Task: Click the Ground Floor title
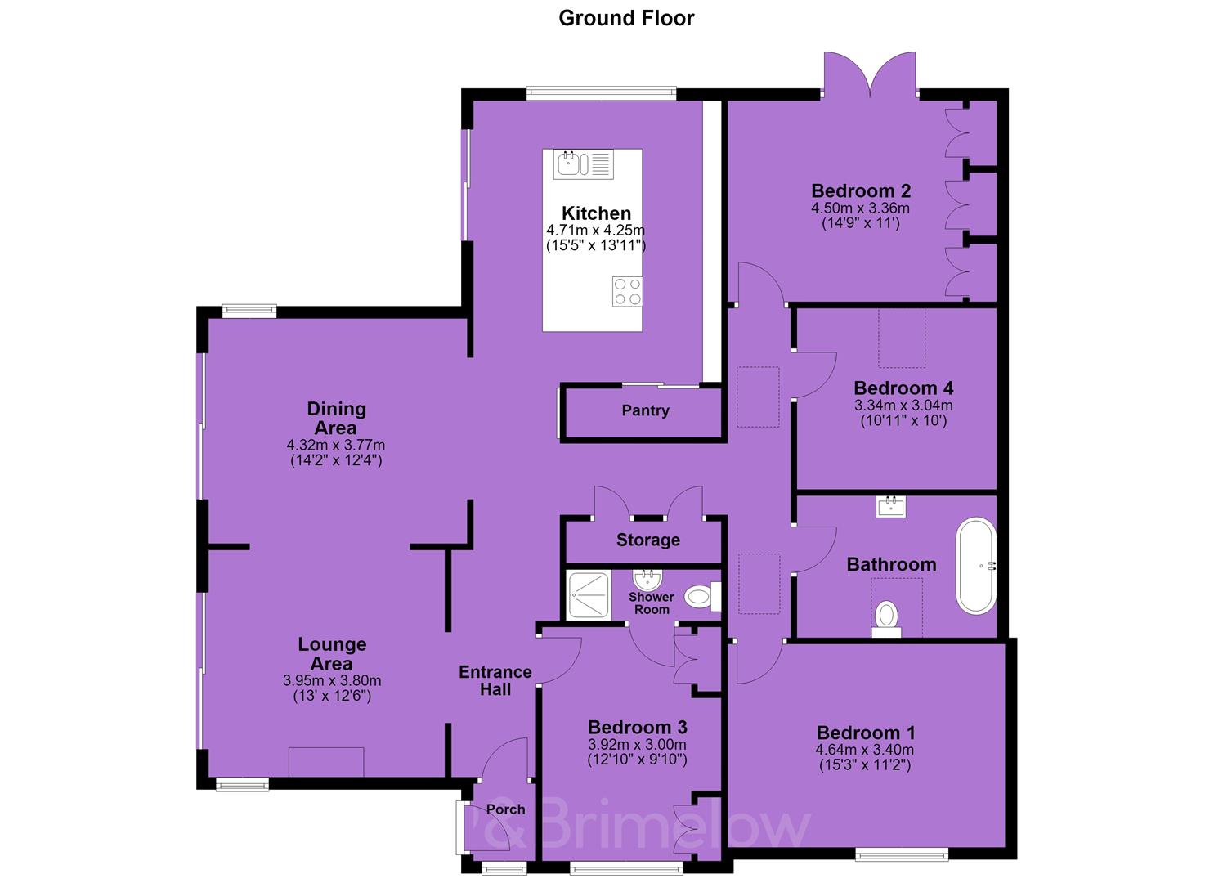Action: tap(626, 19)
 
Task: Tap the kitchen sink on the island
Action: tap(583, 164)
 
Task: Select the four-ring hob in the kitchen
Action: tap(628, 292)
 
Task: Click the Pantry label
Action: tap(645, 410)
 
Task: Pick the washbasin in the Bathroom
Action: tap(891, 507)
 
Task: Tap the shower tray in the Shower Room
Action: tap(589, 594)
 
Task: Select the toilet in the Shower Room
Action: tap(702, 597)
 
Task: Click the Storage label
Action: tap(648, 540)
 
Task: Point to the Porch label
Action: tap(506, 809)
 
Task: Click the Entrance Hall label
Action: tap(495, 681)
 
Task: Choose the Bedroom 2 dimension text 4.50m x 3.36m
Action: tap(861, 208)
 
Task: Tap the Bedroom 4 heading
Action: tap(903, 388)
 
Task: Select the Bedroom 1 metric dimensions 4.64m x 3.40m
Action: tap(864, 751)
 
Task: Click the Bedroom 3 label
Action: tap(638, 728)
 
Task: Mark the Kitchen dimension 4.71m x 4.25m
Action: tap(596, 231)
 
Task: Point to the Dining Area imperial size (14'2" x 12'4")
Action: tap(337, 461)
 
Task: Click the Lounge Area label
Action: tap(332, 654)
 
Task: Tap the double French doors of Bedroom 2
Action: tap(871, 74)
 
